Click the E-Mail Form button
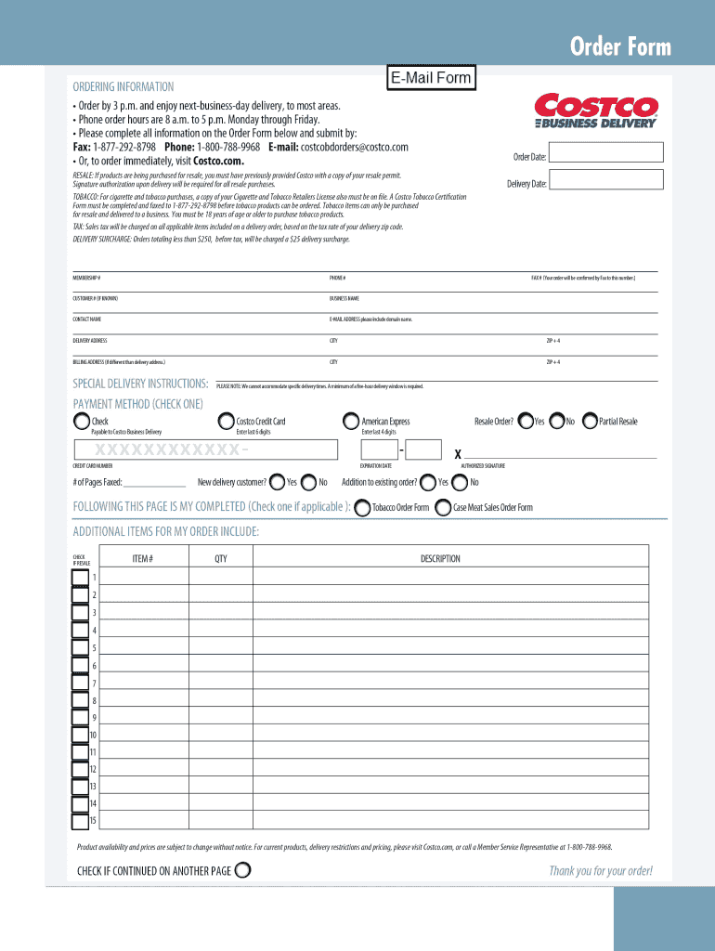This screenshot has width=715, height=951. coord(430,78)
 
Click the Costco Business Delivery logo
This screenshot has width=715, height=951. coord(596,111)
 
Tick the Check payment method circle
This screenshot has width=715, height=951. coord(82,422)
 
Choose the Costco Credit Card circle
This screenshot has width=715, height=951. coord(226,422)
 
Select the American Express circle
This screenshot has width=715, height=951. coord(351,422)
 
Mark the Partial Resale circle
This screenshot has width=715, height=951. coord(590,422)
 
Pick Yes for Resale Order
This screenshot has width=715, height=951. coord(526,422)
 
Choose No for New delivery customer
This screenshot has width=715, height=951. coord(309,482)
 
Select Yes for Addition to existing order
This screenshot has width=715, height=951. coord(428,482)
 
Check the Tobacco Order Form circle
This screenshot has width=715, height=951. coord(362,508)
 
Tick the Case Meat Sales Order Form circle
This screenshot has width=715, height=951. coord(444,508)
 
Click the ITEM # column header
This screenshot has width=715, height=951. coord(142,559)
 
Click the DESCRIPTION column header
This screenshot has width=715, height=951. coord(440,559)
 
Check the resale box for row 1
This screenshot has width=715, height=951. coord(81,578)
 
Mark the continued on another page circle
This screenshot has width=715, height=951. coord(243,870)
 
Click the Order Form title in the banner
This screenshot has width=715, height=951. coord(619,47)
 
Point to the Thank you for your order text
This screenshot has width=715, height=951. coord(601,870)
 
